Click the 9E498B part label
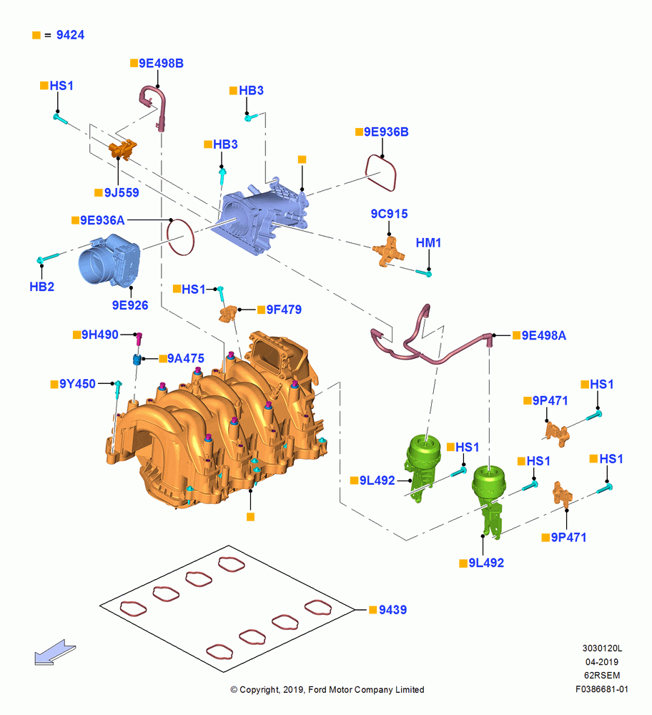pos(161,64)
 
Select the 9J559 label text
pos(122,192)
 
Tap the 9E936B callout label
pos(386,132)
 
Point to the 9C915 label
pos(389,213)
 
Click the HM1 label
pos(428,242)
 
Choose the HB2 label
pos(41,287)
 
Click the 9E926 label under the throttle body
pos(130,305)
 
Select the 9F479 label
pos(284,310)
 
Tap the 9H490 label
pos(100,335)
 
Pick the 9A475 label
pos(186,358)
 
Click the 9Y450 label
pos(77,384)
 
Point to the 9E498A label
pos(543,335)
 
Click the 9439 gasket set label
pos(392,610)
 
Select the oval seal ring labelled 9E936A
pos(181,237)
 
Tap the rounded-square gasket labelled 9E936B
pos(381,173)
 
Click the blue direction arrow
pos(55,652)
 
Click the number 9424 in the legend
pos(70,35)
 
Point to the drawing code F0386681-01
pos(602,689)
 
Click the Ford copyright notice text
pos(327,690)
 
